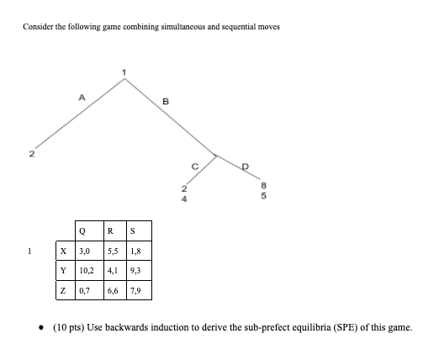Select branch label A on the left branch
coord(81,98)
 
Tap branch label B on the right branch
coord(167,103)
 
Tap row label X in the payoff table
coord(63,250)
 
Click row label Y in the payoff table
coord(63,270)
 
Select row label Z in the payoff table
coord(63,291)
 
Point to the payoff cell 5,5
coord(114,250)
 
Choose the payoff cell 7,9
coord(140,291)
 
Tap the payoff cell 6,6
coord(114,291)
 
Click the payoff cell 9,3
coord(140,270)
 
